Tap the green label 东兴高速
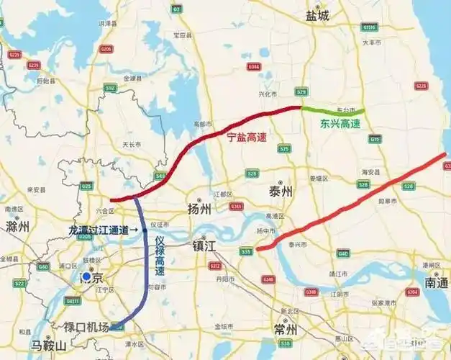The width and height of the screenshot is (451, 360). pyautogui.click(x=340, y=123)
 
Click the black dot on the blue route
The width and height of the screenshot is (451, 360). pyautogui.click(x=145, y=230)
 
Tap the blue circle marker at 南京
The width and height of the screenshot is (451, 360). pyautogui.click(x=87, y=276)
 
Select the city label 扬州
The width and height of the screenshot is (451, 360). pyautogui.click(x=199, y=210)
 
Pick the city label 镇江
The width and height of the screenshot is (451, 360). pyautogui.click(x=204, y=246)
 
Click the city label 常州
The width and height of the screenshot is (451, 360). pyautogui.click(x=286, y=330)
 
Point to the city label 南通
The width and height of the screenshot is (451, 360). pyautogui.click(x=436, y=283)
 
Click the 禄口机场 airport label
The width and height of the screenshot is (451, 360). pyautogui.click(x=86, y=328)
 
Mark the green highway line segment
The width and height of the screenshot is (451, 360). pyautogui.click(x=332, y=111)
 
